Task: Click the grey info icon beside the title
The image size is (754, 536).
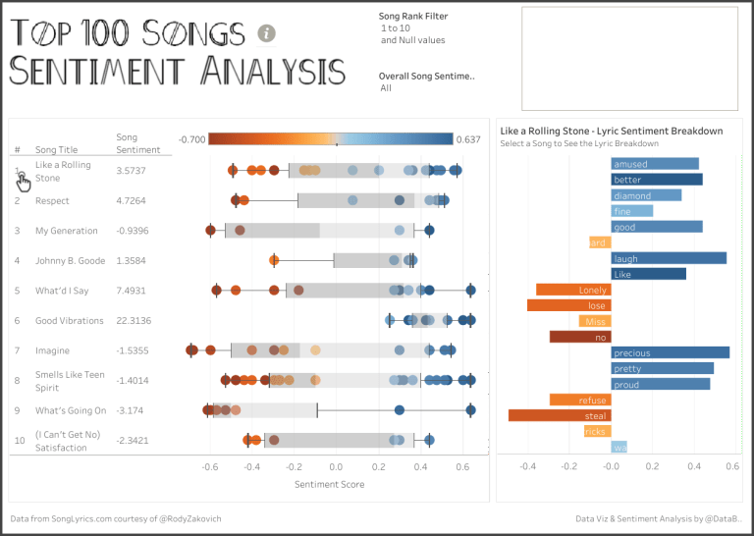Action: [x=266, y=33]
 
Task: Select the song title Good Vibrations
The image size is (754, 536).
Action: [x=69, y=320]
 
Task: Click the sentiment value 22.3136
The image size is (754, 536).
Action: [x=135, y=320]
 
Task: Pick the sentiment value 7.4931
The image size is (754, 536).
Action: [x=134, y=291]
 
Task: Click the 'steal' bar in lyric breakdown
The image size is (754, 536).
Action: [x=559, y=415]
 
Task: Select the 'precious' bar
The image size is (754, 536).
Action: [x=670, y=352]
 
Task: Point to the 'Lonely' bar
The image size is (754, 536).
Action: [x=572, y=290]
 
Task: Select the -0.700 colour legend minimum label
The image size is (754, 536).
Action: [x=191, y=139]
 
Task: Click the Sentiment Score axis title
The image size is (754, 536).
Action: [x=329, y=484]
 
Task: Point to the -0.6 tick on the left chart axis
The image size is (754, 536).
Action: [x=209, y=467]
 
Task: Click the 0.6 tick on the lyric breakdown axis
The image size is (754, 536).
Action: [x=731, y=467]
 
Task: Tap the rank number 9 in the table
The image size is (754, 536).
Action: [x=17, y=409]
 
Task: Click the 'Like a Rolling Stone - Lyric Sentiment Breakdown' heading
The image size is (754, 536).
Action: [x=611, y=131]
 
